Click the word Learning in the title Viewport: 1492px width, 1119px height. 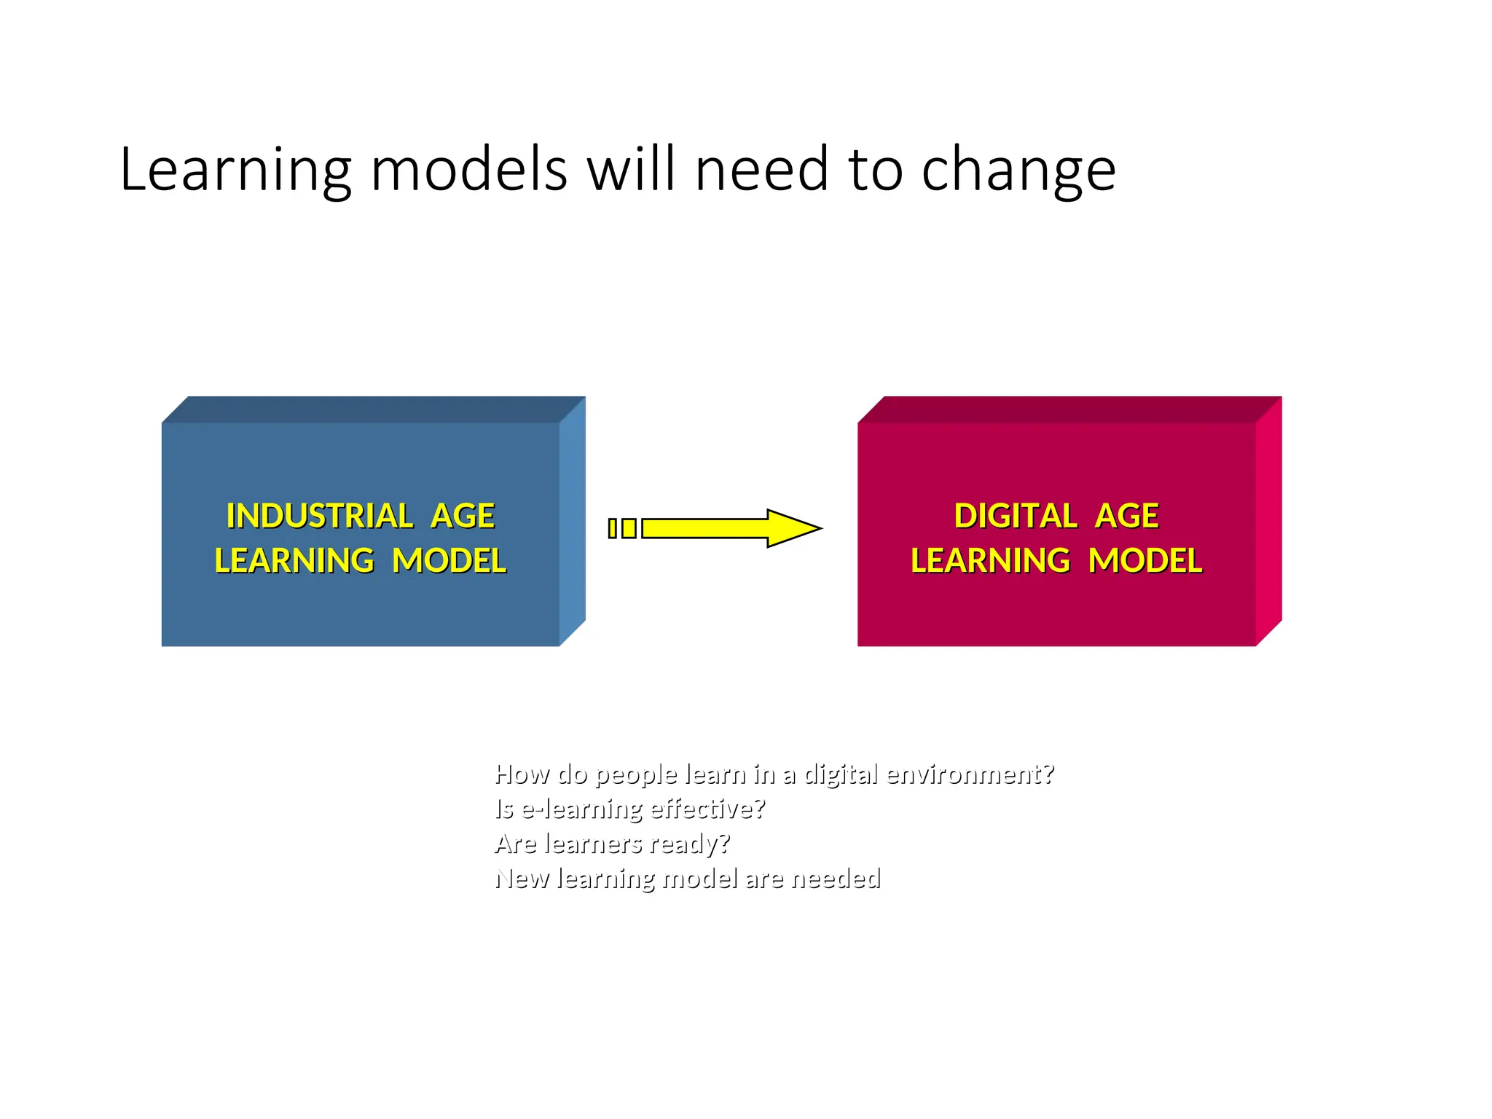tap(235, 170)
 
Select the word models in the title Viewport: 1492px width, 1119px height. tap(468, 170)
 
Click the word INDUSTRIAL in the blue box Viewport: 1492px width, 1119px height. tap(320, 517)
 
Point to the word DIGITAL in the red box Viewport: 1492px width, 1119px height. tap(1015, 517)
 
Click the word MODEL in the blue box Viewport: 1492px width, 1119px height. tap(449, 561)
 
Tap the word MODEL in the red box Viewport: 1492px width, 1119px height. tap(1145, 561)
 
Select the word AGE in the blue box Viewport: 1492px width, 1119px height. tap(463, 517)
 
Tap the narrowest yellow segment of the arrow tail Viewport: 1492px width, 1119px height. tap(613, 528)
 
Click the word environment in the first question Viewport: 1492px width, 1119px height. tap(969, 774)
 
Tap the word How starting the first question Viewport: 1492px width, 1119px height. tap(522, 774)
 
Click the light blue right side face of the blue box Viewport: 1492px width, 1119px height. tap(573, 521)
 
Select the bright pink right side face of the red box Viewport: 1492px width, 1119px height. tap(1268, 521)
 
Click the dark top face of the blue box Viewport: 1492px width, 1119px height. tap(373, 409)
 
